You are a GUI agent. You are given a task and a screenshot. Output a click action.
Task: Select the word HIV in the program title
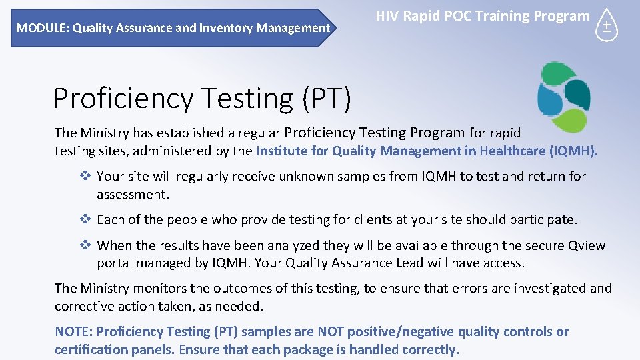(387, 16)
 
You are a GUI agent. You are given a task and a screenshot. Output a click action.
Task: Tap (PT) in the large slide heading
(326, 98)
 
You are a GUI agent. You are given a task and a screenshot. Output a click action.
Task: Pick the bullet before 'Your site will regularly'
(85, 177)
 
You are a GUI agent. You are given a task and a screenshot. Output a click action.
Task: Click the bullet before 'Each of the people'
(85, 219)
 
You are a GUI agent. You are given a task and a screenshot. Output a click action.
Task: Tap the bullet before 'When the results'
(85, 245)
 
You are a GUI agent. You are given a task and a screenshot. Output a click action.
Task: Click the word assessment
(132, 194)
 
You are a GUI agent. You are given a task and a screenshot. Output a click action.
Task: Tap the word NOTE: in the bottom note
(73, 331)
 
